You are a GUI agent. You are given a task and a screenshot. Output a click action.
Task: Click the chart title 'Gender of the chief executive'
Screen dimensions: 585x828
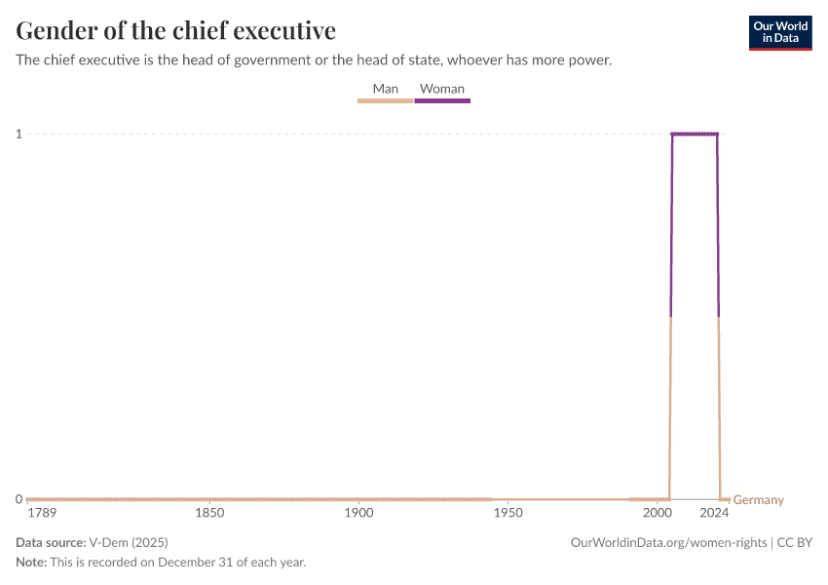click(x=176, y=30)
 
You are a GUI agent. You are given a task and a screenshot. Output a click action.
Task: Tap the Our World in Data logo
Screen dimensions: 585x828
click(x=779, y=32)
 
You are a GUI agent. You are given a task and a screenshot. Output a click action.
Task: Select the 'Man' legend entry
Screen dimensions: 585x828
click(x=385, y=89)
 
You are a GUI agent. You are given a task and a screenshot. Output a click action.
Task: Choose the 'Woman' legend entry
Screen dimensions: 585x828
click(x=442, y=89)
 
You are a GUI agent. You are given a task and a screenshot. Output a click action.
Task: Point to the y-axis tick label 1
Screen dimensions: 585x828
click(x=19, y=134)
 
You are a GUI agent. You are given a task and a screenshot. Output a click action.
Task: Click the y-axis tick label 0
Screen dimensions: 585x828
click(x=19, y=499)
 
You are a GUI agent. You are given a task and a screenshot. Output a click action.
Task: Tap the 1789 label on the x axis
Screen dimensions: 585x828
click(x=43, y=513)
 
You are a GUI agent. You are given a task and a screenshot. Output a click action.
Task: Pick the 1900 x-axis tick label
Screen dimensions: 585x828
click(x=358, y=513)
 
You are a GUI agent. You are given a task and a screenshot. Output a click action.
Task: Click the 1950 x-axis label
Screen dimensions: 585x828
click(x=508, y=513)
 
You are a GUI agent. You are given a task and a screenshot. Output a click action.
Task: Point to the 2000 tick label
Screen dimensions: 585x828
click(x=657, y=513)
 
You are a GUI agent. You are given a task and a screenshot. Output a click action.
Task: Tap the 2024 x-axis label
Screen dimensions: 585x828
click(x=714, y=513)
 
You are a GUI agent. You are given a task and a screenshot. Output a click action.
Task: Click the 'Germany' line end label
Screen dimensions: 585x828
click(x=758, y=500)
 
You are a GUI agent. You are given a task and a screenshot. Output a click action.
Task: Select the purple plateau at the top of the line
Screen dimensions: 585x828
click(x=694, y=134)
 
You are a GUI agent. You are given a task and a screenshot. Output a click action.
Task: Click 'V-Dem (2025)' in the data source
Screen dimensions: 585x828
click(x=128, y=542)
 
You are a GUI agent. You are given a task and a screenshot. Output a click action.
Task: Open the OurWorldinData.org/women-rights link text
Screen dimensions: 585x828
click(x=668, y=542)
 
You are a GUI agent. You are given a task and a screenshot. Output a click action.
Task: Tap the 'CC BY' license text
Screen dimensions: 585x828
click(x=794, y=542)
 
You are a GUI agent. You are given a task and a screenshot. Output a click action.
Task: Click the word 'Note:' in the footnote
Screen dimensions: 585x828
click(x=31, y=563)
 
